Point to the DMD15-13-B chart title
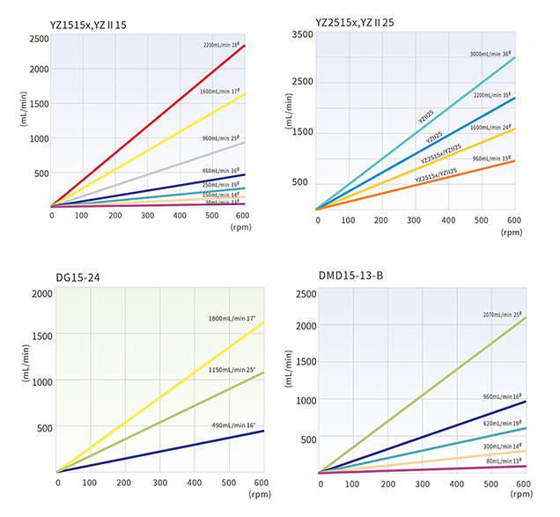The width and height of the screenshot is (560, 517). click(352, 276)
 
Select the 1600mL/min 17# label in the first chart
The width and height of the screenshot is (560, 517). click(220, 91)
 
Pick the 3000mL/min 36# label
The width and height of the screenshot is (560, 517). click(490, 54)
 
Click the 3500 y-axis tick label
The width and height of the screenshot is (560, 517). click(302, 33)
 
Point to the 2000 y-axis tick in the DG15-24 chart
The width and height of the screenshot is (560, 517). click(41, 293)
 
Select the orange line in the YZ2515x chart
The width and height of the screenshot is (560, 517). click(414, 186)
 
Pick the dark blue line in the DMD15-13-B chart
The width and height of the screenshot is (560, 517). click(423, 437)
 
